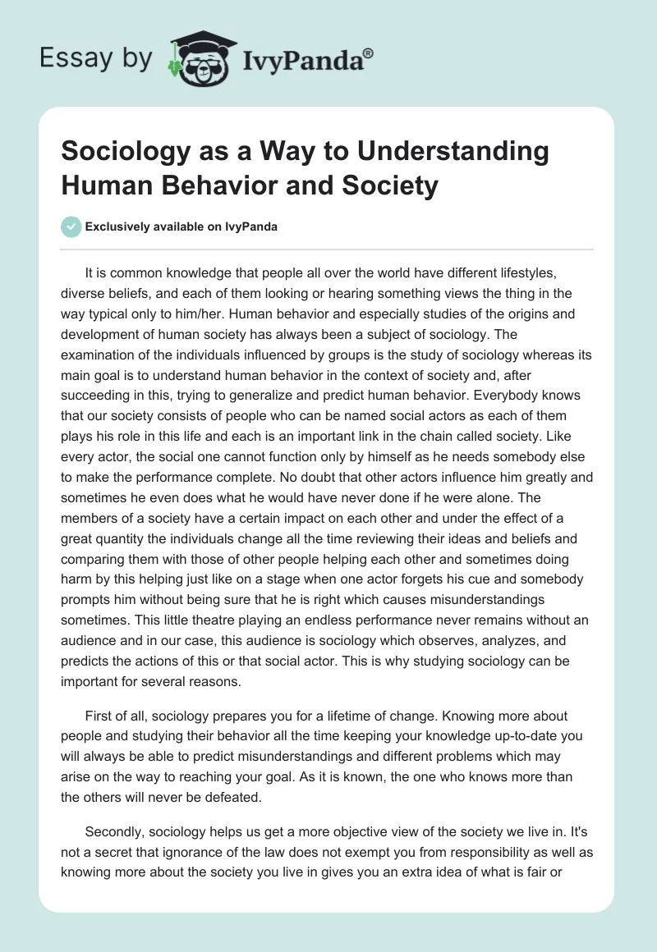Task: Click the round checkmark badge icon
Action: [72, 227]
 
